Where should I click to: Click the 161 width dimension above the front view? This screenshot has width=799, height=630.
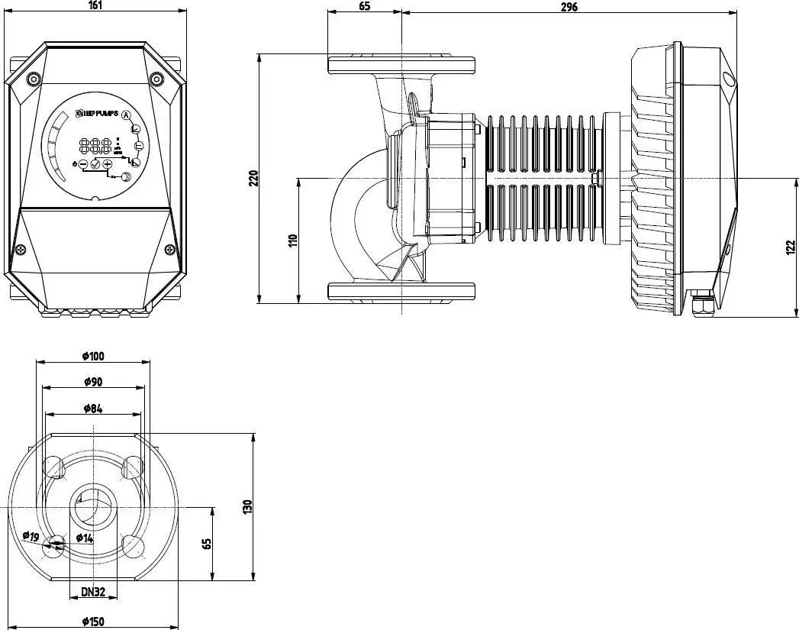tap(95, 5)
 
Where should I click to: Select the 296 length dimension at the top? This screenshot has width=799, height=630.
tap(569, 6)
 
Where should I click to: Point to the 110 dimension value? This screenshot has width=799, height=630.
tap(292, 241)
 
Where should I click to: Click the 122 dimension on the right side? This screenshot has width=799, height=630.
tap(790, 247)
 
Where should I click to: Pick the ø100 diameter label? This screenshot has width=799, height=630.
tap(92, 356)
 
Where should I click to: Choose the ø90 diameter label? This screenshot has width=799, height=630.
tap(92, 382)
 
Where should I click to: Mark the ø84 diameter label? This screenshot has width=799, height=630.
tap(92, 409)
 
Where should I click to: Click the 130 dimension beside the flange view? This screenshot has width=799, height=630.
tap(247, 507)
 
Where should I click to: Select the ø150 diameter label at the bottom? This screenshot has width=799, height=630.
tap(92, 622)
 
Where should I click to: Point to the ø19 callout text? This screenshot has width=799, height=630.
tap(31, 536)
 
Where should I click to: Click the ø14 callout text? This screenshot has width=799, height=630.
tap(84, 538)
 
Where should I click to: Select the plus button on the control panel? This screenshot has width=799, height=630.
tap(108, 164)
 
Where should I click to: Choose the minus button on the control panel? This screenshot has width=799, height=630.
tap(83, 164)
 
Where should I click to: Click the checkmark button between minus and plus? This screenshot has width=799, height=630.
tap(95, 164)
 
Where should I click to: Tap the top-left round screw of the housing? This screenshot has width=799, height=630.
tap(33, 79)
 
